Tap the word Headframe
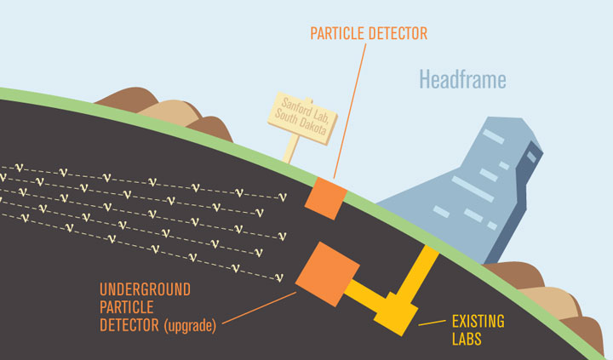coord(462,80)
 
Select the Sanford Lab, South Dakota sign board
coord(302,117)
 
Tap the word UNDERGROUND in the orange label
coord(148,289)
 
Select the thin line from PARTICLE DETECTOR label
coord(350,111)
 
